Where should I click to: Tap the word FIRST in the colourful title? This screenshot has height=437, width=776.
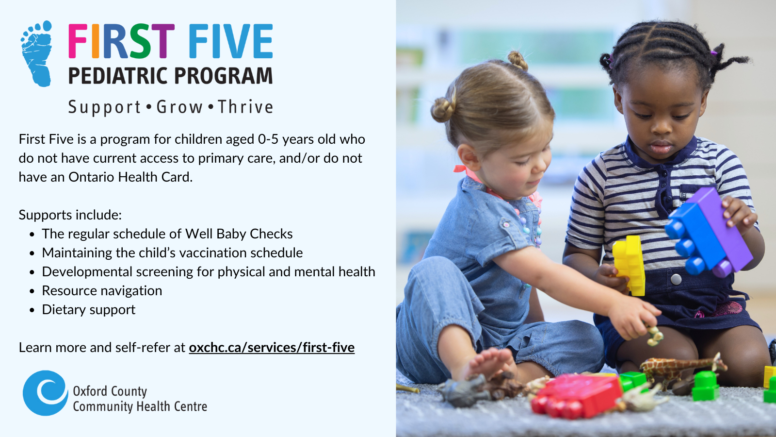point(121,41)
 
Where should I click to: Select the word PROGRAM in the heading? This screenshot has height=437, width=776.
point(223,76)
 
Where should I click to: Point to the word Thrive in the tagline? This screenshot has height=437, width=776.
point(245,107)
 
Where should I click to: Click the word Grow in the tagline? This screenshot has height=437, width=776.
point(179,107)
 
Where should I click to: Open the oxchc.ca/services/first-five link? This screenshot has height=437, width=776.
point(272,348)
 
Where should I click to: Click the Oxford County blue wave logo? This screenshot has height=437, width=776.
point(46,393)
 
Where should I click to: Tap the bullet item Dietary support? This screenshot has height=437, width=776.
point(88,309)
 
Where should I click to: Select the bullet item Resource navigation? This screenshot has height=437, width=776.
point(102,291)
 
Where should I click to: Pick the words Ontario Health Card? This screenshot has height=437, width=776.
point(130,177)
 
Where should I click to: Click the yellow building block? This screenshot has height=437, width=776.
point(629,265)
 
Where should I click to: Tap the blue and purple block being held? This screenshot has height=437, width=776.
point(709,233)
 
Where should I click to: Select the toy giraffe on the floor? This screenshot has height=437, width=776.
point(682,368)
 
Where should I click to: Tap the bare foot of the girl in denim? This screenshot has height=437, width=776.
point(488,364)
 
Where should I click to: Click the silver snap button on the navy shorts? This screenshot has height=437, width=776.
point(676,279)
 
